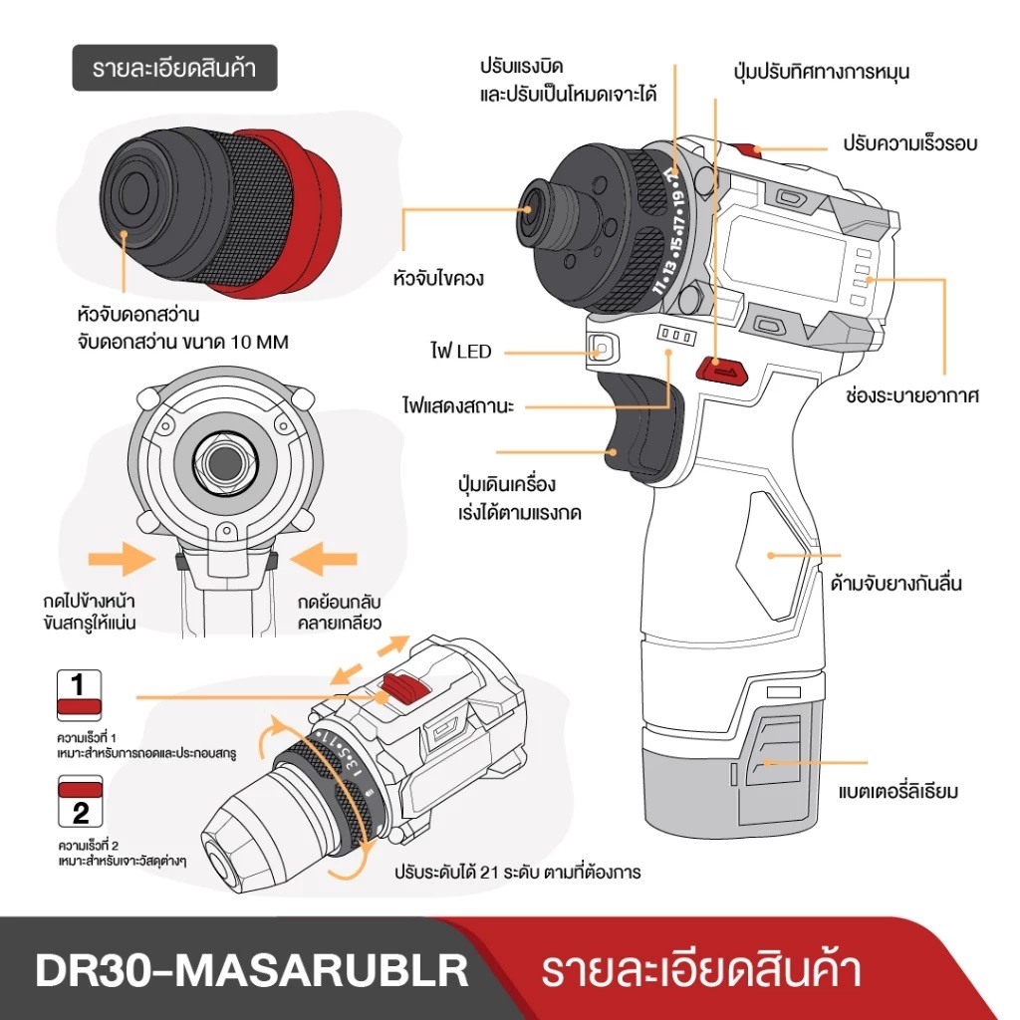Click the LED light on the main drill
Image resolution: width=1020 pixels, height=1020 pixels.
pos(602,349)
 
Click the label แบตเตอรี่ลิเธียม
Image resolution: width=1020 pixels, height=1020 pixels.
pos(898,792)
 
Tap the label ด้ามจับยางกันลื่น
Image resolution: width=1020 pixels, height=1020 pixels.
pos(895,585)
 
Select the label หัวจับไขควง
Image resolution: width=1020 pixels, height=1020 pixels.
pos(438,278)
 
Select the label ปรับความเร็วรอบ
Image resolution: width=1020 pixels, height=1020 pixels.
pos(909,143)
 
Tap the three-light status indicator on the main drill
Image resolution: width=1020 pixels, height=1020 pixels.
pos(675,337)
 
